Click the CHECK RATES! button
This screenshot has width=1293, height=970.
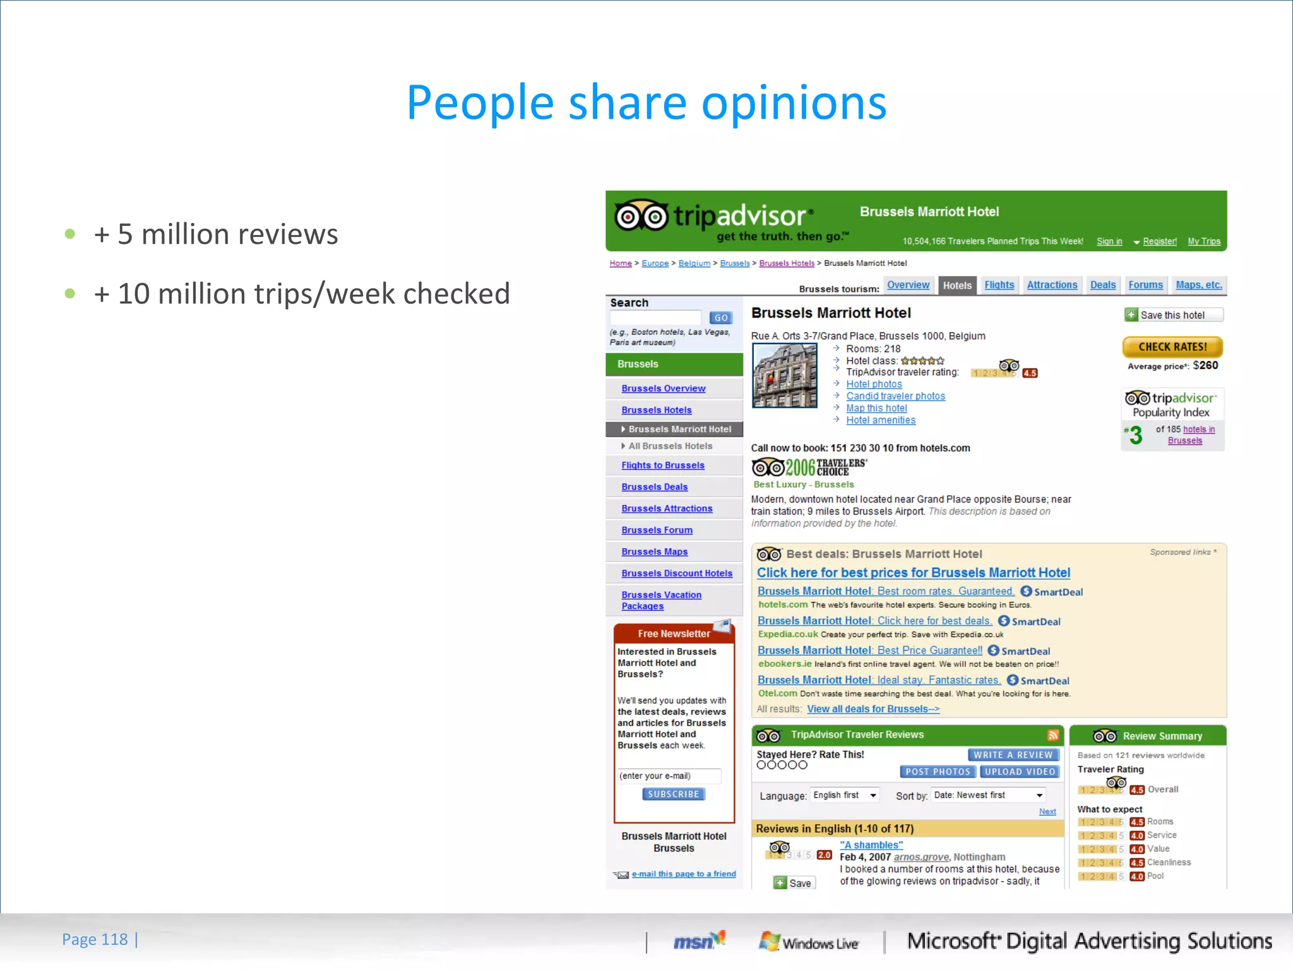1172,347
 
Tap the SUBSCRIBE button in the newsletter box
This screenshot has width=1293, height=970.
673,794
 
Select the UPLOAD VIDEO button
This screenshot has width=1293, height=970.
1020,772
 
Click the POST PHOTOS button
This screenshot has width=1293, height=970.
938,772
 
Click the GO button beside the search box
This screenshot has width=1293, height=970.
720,318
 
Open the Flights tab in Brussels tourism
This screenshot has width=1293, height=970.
999,285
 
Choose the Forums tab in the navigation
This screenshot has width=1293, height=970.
1145,285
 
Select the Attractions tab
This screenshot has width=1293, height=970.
1052,285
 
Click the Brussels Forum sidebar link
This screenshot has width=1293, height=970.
657,530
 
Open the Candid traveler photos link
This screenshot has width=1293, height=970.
895,396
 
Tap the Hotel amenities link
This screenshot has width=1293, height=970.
881,420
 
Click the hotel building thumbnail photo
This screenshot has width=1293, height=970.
785,376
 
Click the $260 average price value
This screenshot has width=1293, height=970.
1205,365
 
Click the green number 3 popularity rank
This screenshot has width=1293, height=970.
1136,435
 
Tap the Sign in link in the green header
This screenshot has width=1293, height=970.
1109,241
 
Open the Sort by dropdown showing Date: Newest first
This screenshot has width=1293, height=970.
989,795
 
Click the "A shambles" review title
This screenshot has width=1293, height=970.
871,845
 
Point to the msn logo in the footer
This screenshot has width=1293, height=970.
698,941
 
